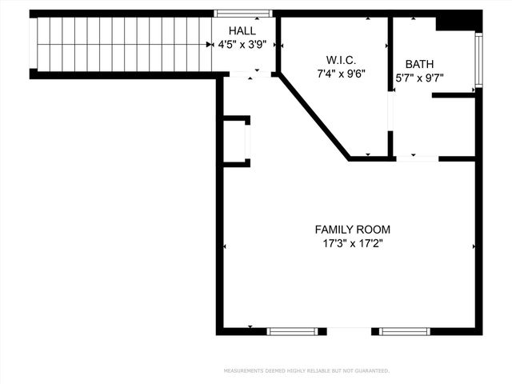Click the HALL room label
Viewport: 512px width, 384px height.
(242, 30)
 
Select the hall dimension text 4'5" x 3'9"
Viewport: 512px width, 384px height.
(242, 46)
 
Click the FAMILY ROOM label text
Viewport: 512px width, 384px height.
(352, 230)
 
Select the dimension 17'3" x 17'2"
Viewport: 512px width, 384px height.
(352, 244)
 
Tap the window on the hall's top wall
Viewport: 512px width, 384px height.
(243, 14)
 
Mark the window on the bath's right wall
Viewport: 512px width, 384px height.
(478, 60)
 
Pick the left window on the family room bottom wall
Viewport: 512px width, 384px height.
(292, 330)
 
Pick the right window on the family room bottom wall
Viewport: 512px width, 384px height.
(404, 330)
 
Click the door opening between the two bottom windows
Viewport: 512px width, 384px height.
(349, 330)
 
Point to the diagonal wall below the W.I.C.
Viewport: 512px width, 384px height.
(314, 116)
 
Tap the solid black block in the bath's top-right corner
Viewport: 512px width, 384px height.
(458, 22)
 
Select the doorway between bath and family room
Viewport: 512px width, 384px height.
(417, 158)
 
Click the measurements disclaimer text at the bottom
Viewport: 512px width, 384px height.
(306, 370)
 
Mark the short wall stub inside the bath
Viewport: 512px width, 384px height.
(454, 95)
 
